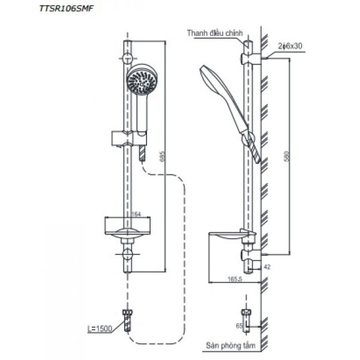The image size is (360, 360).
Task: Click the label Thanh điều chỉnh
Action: pyautogui.click(x=211, y=34)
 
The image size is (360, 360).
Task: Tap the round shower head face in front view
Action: pyautogui.click(x=140, y=81)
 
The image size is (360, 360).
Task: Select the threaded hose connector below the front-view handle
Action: pyautogui.click(x=142, y=154)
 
